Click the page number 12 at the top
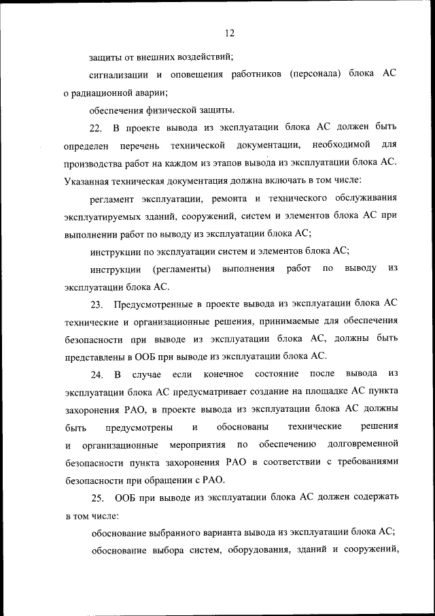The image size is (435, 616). pos(229,32)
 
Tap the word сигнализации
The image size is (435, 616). pos(120,74)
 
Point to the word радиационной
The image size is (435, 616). pos(105,92)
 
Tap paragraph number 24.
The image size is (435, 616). pos(96,375)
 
